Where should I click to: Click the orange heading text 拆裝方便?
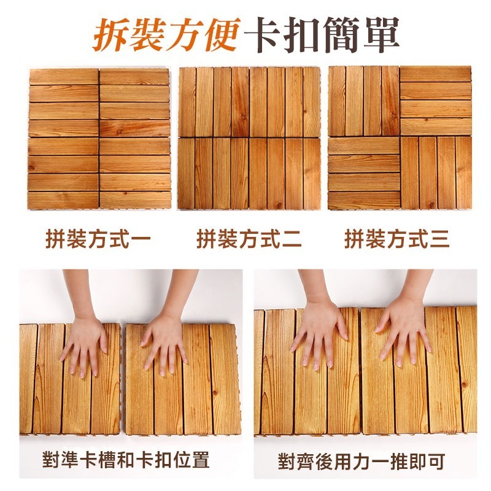coord(166,34)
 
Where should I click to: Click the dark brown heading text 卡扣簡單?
coord(322,34)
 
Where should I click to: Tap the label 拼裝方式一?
coord(98,239)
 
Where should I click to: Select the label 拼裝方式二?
coord(249,239)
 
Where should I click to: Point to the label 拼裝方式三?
coord(397,239)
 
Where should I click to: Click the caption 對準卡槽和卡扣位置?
coord(126,460)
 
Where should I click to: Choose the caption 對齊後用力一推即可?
coord(361,462)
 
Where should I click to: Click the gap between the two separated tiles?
coord(123,379)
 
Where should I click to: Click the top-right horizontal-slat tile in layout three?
coord(436,101)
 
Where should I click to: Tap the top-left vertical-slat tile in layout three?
coord(364,101)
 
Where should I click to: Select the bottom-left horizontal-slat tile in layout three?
coord(364,174)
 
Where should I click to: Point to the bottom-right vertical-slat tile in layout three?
coord(436,173)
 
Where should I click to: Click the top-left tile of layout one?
coord(64,102)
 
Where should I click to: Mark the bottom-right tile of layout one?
coord(135,174)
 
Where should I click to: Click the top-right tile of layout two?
coord(285,102)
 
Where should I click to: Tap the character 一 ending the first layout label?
coord(141,239)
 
